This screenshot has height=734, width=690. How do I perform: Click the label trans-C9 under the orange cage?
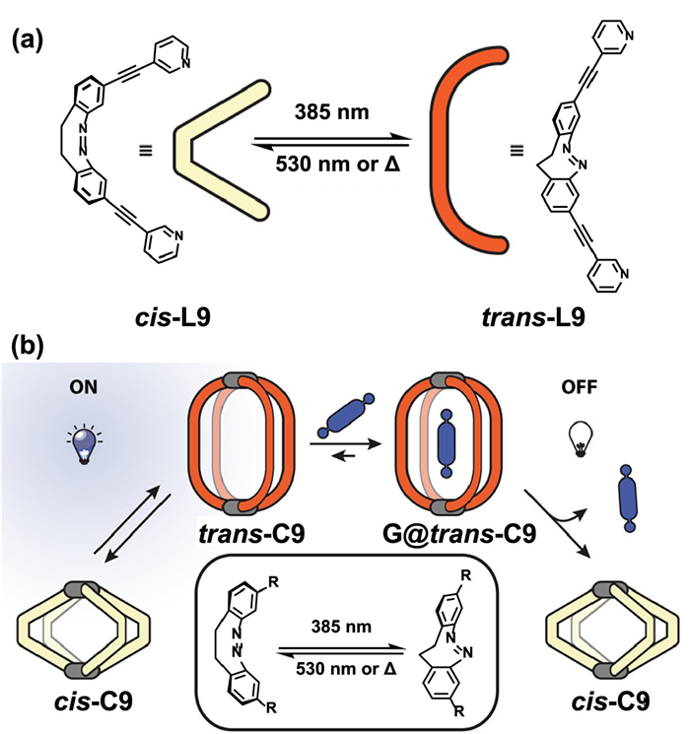[249, 537]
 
